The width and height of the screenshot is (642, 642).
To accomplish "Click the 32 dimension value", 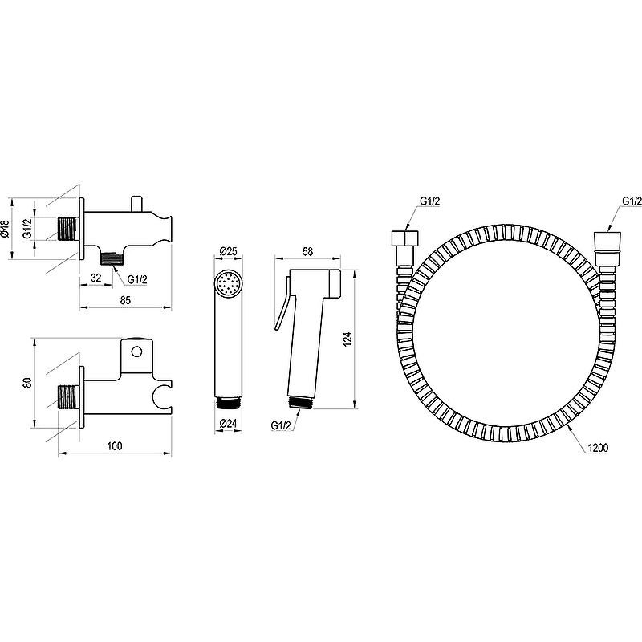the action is click(95, 278).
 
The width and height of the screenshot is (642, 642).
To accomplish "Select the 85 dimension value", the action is click(125, 300).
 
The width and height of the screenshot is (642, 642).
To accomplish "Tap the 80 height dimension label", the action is click(27, 383).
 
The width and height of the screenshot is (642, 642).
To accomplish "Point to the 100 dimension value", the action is click(115, 446).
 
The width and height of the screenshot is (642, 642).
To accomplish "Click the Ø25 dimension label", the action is click(228, 250).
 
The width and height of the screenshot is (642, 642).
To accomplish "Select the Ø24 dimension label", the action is click(228, 424).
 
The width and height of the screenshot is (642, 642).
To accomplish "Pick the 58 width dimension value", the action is click(307, 251).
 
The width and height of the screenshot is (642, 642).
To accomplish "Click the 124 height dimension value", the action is click(347, 339).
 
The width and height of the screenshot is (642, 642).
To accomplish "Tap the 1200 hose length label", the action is click(598, 448).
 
